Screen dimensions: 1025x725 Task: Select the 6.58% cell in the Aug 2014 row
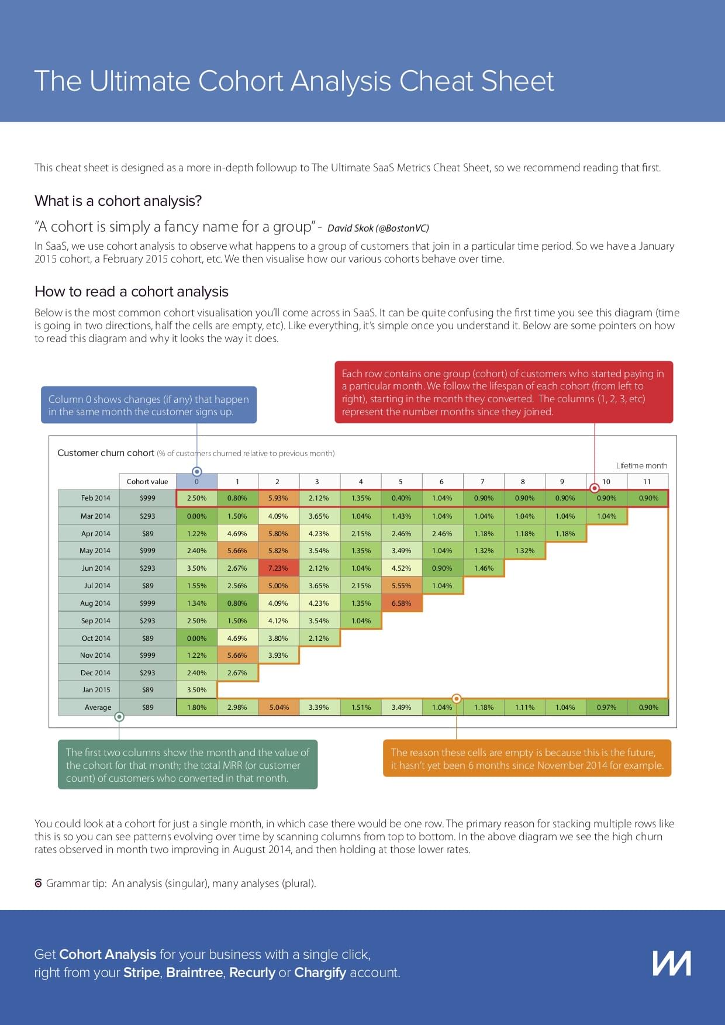(x=401, y=603)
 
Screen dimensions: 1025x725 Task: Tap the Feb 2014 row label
(x=95, y=498)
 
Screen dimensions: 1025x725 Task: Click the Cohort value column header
(x=147, y=482)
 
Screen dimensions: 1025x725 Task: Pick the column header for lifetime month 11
(x=647, y=482)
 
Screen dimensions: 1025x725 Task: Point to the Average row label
(x=98, y=708)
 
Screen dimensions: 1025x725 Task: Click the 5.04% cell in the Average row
(x=279, y=708)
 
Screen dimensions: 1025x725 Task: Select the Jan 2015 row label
(x=96, y=690)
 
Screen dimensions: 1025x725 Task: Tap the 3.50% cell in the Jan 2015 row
(x=196, y=690)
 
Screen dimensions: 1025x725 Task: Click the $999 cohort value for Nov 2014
(x=147, y=655)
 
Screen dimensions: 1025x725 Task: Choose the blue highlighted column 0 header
(x=196, y=482)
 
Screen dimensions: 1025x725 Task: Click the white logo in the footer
(x=672, y=963)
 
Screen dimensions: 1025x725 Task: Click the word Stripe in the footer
(x=141, y=972)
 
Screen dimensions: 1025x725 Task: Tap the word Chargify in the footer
(x=320, y=972)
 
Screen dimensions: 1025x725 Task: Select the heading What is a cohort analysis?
(x=118, y=201)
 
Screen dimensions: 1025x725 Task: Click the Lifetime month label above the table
(x=641, y=466)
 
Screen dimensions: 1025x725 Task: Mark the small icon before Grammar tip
(x=39, y=883)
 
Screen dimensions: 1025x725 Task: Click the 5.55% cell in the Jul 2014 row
(x=401, y=586)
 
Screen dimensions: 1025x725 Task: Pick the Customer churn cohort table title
(x=106, y=453)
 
